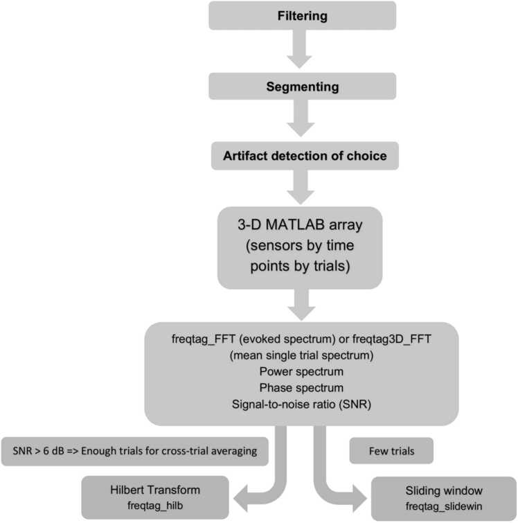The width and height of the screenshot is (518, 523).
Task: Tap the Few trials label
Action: tap(392, 451)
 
